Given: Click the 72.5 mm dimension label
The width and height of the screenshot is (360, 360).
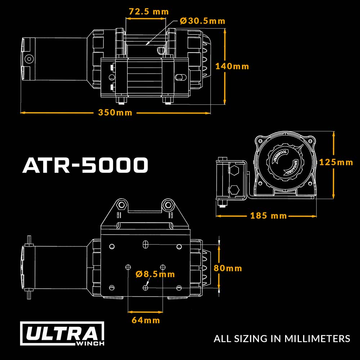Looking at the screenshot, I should pyautogui.click(x=149, y=12).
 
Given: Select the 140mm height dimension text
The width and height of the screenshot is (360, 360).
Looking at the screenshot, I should pyautogui.click(x=232, y=67).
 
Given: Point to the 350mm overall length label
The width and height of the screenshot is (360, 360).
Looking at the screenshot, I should pyautogui.click(x=115, y=113).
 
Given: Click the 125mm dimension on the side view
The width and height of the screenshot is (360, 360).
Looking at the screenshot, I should pyautogui.click(x=336, y=162).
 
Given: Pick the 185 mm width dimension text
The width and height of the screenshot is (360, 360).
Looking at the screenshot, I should pyautogui.click(x=269, y=216).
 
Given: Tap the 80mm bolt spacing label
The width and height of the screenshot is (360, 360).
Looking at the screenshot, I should pyautogui.click(x=228, y=268).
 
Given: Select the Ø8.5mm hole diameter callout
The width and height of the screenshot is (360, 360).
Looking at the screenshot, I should pyautogui.click(x=156, y=274).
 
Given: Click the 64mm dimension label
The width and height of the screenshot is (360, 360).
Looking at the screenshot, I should pyautogui.click(x=146, y=320).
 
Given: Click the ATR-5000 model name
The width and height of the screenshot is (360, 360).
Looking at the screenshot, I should pyautogui.click(x=85, y=165).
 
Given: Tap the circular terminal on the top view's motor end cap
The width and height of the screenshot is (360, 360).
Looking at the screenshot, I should pyautogui.click(x=29, y=59).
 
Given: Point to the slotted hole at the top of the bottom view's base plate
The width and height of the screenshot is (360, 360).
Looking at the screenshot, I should pyautogui.click(x=145, y=244).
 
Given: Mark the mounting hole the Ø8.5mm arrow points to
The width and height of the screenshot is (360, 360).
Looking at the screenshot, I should pyautogui.click(x=145, y=288).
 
